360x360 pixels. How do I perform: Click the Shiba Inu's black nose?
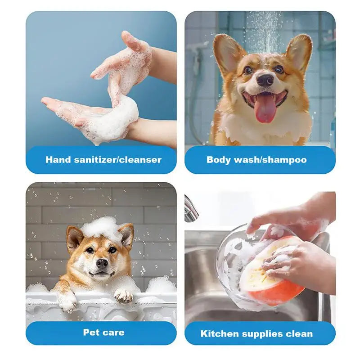(x=102, y=263)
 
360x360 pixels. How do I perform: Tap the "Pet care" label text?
(x=103, y=333)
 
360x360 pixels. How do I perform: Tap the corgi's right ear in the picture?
(x=299, y=52)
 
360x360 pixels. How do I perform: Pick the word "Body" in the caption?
(x=219, y=160)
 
